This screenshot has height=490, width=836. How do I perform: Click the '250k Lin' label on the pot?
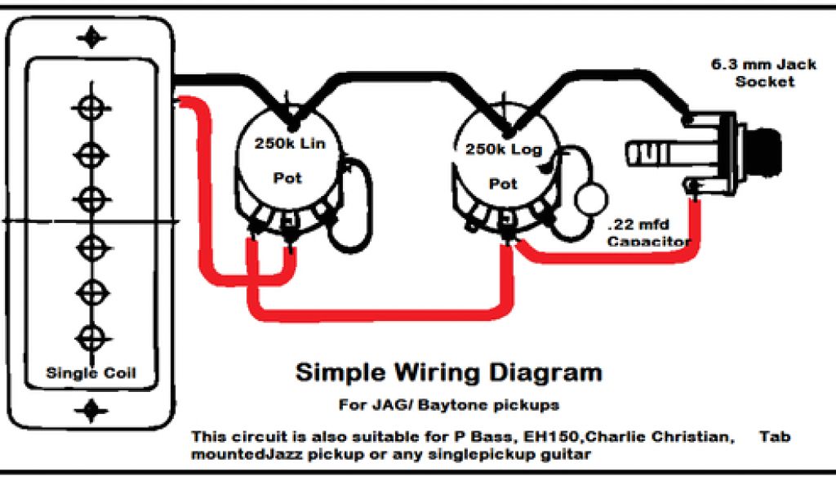(290, 145)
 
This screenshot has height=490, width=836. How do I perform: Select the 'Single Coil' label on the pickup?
(91, 374)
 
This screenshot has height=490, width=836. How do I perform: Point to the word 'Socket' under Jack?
(764, 82)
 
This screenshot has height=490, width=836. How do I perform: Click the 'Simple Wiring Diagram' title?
(448, 373)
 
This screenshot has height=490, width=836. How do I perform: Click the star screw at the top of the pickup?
(91, 38)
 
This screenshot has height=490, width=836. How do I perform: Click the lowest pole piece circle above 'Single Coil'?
(91, 336)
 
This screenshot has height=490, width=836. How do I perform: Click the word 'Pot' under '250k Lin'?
(287, 178)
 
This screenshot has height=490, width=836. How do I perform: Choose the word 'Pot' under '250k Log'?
(503, 185)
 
